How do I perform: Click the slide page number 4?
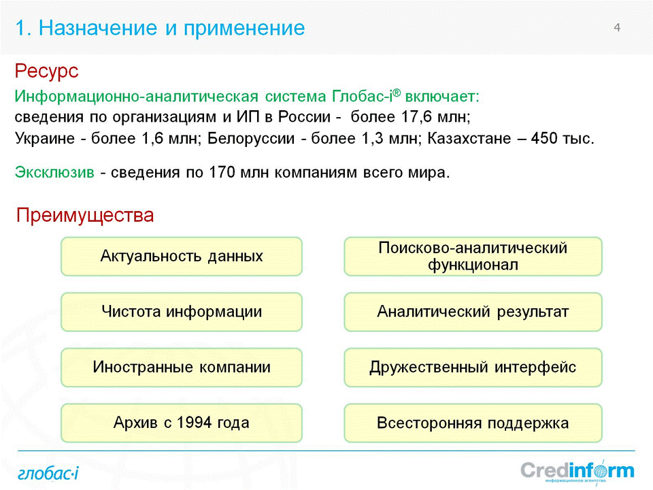(617, 27)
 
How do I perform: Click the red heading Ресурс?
(47, 71)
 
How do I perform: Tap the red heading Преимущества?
(85, 216)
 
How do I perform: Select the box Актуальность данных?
(182, 257)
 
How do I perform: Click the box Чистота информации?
(182, 312)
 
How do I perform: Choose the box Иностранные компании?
(182, 367)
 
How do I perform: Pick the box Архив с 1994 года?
(182, 423)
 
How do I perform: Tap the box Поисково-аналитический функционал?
(473, 257)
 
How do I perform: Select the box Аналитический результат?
(473, 312)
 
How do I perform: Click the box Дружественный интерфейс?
(473, 367)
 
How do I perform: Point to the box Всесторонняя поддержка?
(473, 423)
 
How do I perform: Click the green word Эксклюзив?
(54, 172)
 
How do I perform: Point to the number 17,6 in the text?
(416, 117)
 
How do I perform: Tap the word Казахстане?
(469, 138)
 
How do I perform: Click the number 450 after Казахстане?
(544, 138)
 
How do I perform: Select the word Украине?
(45, 139)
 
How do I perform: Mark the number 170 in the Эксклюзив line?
(222, 172)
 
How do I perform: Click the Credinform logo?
(577, 472)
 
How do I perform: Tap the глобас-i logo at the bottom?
(48, 474)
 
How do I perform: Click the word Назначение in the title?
(98, 28)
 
